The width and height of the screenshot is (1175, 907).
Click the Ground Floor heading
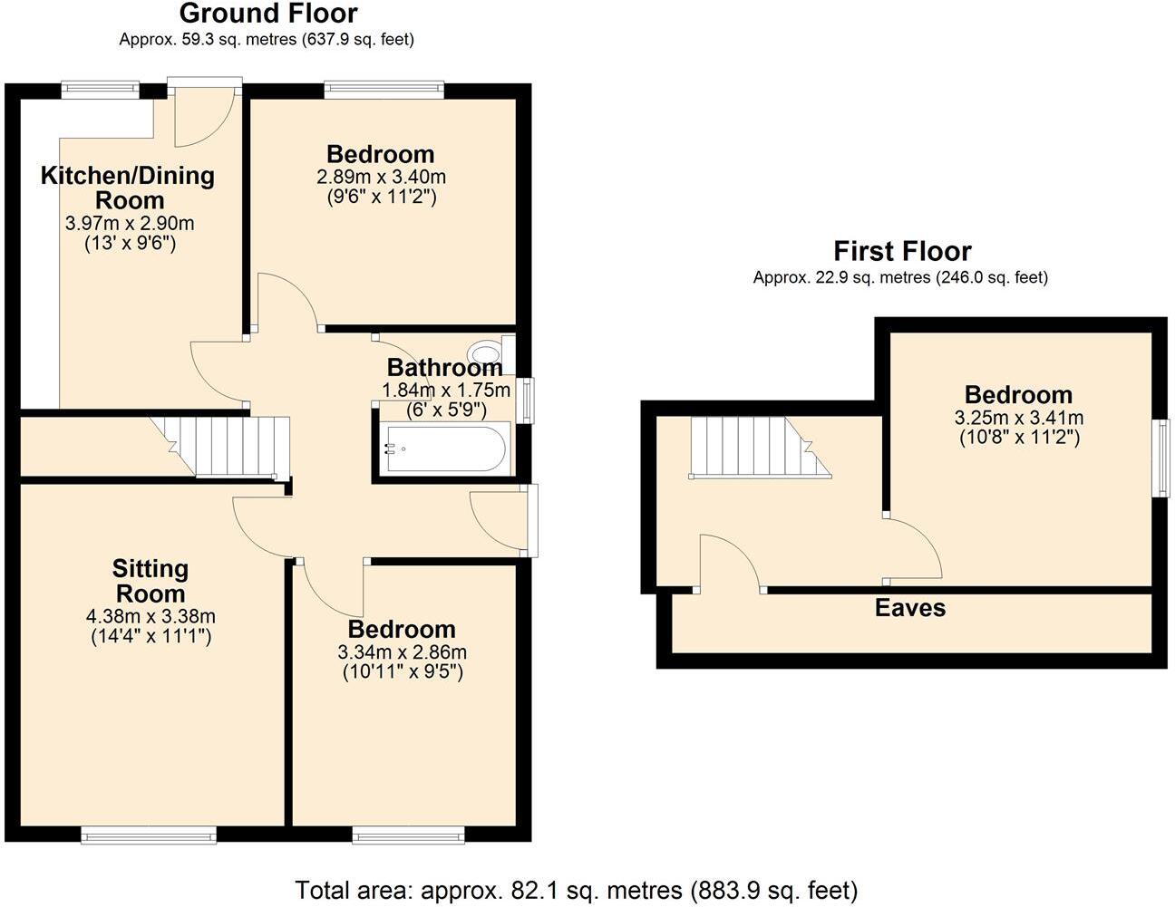[268, 14]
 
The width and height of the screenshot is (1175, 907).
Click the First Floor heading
[902, 251]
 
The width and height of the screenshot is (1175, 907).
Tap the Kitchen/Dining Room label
[127, 188]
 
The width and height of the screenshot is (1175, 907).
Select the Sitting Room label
[151, 581]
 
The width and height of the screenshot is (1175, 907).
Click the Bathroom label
[444, 368]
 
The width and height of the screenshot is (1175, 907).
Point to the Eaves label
[909, 608]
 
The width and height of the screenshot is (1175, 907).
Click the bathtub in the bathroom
[443, 449]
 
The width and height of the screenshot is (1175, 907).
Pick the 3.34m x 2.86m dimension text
[402, 652]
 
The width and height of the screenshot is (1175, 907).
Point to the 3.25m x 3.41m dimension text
[1018, 418]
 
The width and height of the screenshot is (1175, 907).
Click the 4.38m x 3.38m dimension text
[151, 617]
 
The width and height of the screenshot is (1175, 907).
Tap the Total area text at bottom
[576, 890]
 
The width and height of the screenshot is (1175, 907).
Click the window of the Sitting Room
[149, 835]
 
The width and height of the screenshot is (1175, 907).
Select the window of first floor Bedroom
[1160, 458]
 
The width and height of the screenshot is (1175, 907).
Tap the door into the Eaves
[731, 563]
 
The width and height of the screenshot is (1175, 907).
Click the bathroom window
[525, 399]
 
